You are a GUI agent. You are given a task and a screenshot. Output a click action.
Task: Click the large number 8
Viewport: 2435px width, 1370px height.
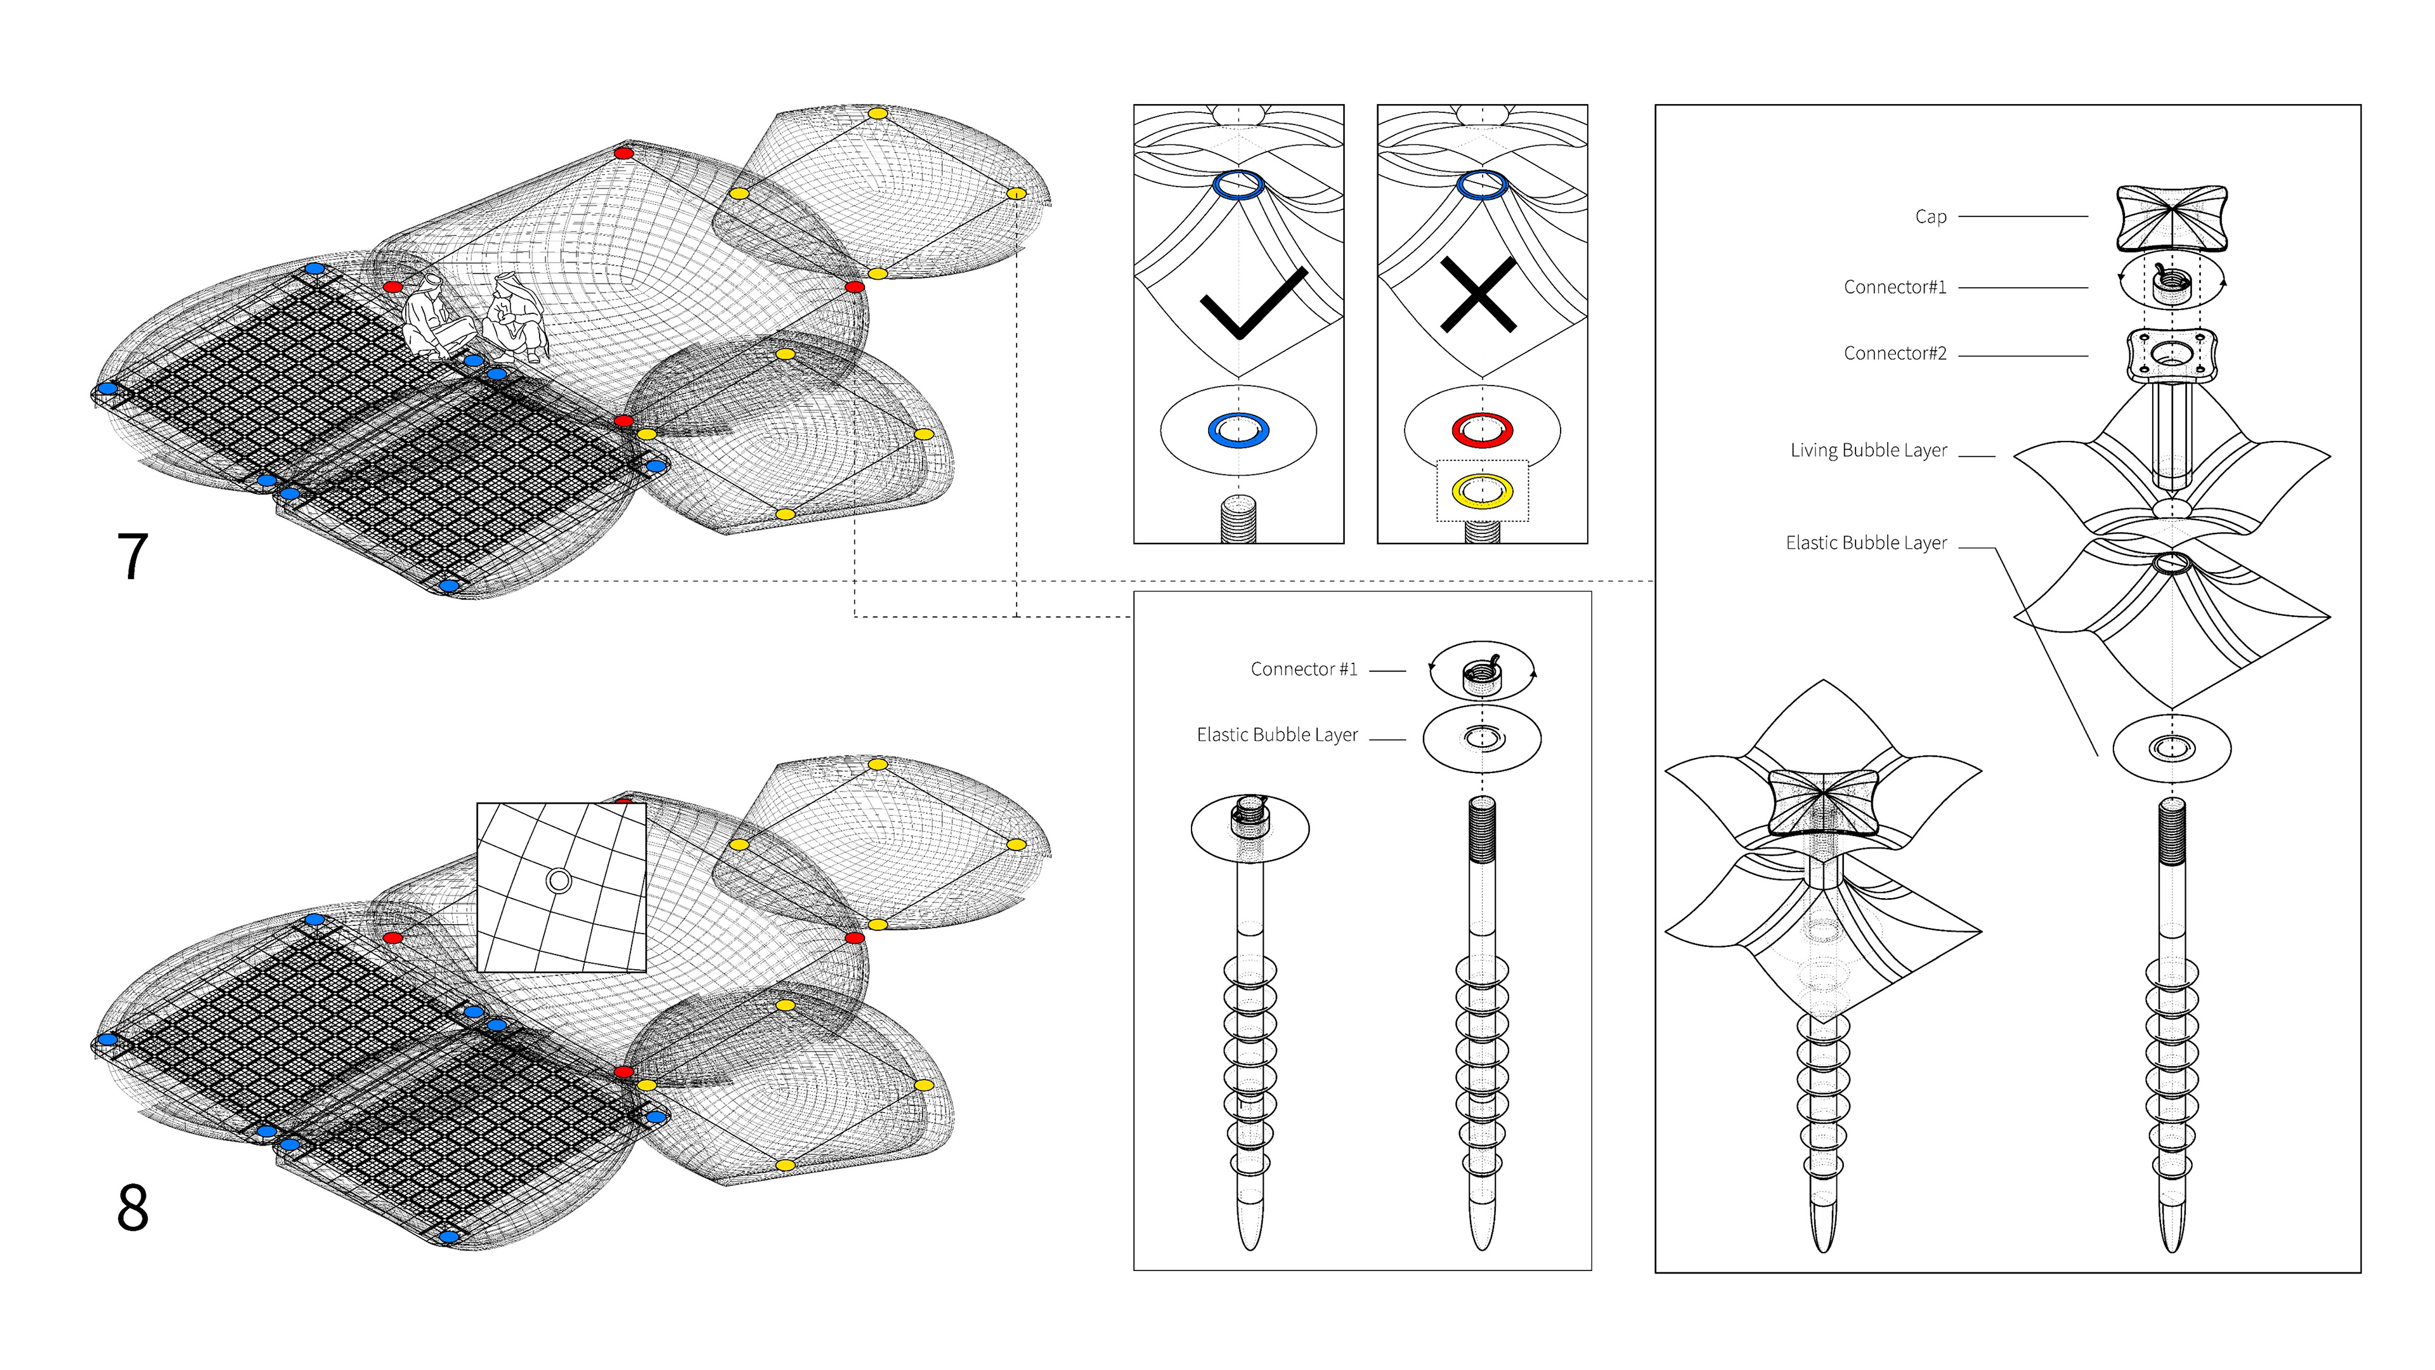[133, 1208]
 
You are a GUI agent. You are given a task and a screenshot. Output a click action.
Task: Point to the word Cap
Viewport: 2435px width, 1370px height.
[1930, 216]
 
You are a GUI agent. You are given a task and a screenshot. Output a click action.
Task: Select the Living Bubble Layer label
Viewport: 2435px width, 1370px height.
[1868, 450]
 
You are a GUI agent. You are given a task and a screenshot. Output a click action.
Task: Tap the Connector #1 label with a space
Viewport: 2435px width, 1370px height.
[1304, 669]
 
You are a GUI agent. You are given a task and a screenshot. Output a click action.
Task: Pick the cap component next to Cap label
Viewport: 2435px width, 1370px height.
[2171, 218]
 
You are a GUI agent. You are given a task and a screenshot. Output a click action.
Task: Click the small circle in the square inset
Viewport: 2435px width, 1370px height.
[559, 881]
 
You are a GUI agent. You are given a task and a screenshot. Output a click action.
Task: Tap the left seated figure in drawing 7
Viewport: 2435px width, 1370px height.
[433, 316]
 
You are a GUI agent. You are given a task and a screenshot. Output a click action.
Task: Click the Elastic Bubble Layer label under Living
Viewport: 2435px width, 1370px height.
[1866, 543]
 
